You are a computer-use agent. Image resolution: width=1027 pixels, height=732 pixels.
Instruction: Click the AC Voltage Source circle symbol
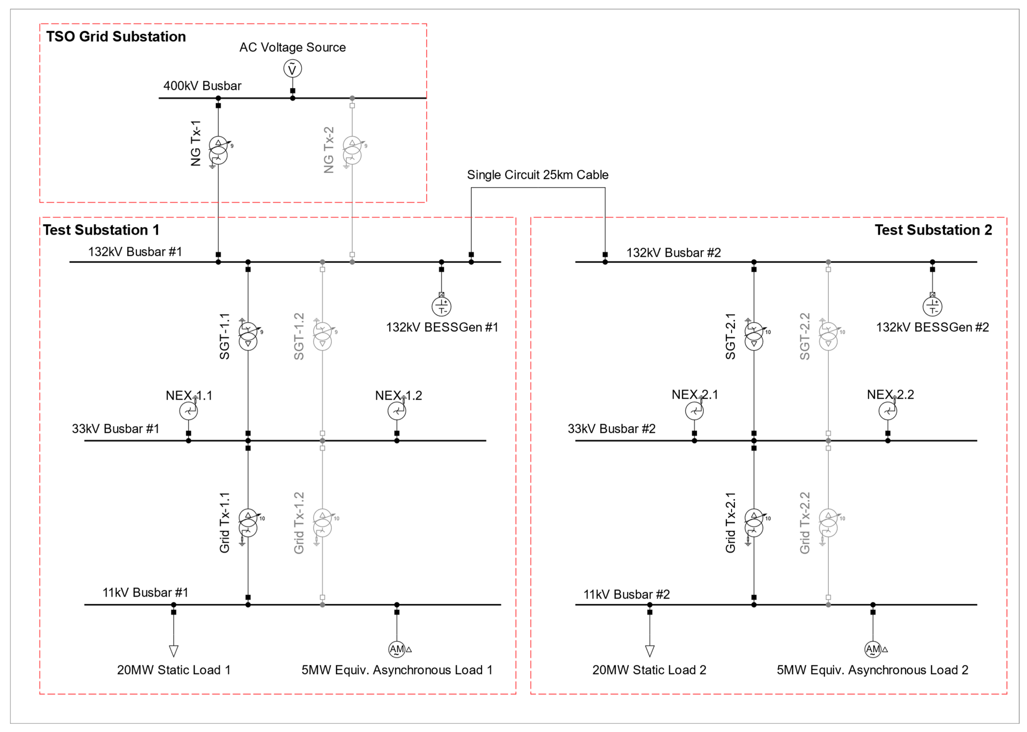[x=292, y=69]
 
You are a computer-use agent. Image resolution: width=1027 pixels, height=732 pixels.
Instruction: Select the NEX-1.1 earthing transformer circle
[x=188, y=411]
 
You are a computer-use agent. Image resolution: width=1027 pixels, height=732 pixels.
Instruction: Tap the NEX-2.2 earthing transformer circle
[x=887, y=411]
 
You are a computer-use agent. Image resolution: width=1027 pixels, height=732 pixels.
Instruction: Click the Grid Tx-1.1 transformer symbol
[x=248, y=523]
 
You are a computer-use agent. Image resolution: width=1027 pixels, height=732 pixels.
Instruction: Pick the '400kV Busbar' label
[x=202, y=86]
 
